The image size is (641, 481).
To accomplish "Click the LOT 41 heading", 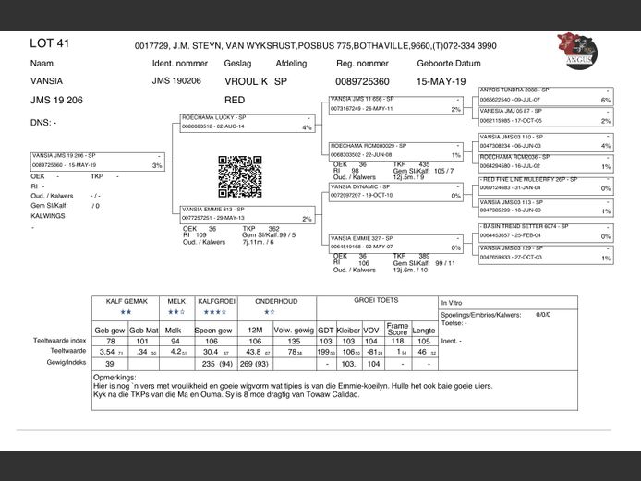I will pyautogui.click(x=50, y=43).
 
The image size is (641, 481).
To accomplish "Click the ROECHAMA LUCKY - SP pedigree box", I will pyautogui.click(x=247, y=123).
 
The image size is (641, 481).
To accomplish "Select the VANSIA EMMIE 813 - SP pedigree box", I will pyautogui.click(x=247, y=214).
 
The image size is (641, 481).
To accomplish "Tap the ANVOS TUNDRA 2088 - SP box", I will pyautogui.click(x=545, y=95).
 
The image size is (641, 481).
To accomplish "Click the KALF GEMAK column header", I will pyautogui.click(x=127, y=302).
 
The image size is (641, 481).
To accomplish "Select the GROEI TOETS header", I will pyautogui.click(x=376, y=301).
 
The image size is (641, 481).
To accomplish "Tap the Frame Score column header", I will pyautogui.click(x=397, y=328).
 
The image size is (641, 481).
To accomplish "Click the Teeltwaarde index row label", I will pyautogui.click(x=60, y=341).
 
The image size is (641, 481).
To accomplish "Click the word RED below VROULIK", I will pyautogui.click(x=235, y=100).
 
